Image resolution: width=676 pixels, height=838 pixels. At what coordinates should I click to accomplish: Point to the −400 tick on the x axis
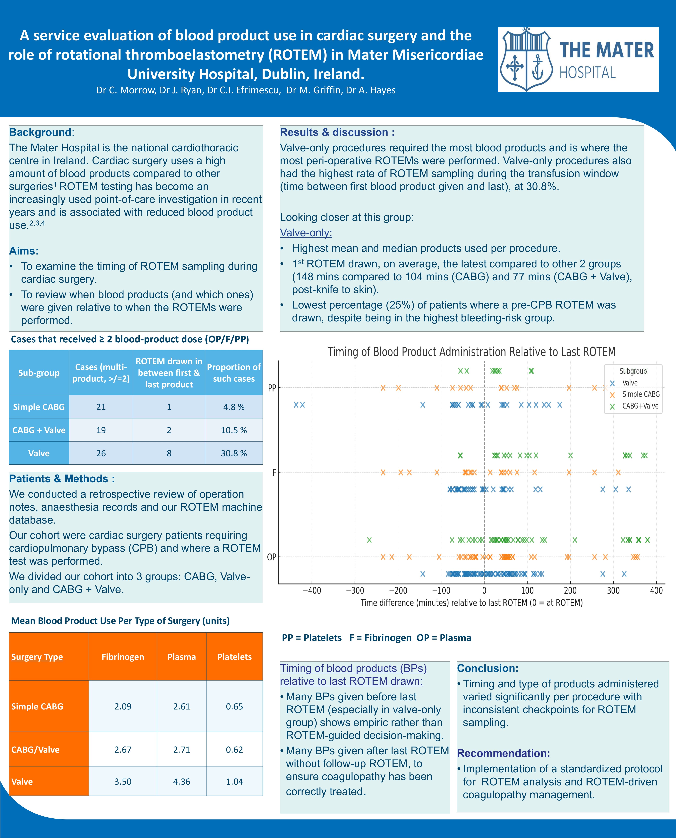click(312, 591)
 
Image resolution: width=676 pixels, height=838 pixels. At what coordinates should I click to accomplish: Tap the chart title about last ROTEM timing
click(471, 352)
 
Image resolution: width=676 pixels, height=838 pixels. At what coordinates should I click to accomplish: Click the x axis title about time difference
click(471, 603)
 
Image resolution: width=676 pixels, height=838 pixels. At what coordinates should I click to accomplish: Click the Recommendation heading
click(503, 753)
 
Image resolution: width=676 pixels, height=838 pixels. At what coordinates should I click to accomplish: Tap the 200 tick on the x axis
click(570, 591)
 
